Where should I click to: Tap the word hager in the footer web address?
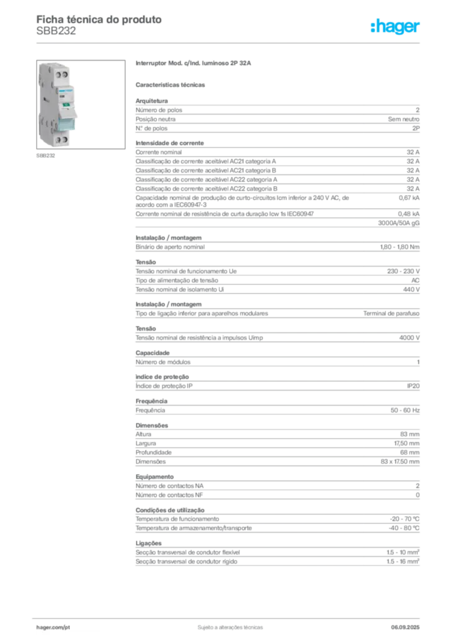(47, 626)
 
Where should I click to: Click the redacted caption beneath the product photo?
(47, 157)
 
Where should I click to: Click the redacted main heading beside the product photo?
(194, 64)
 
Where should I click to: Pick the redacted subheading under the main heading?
(172, 83)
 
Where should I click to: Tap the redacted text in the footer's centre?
(228, 624)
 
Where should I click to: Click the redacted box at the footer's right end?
(408, 624)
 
